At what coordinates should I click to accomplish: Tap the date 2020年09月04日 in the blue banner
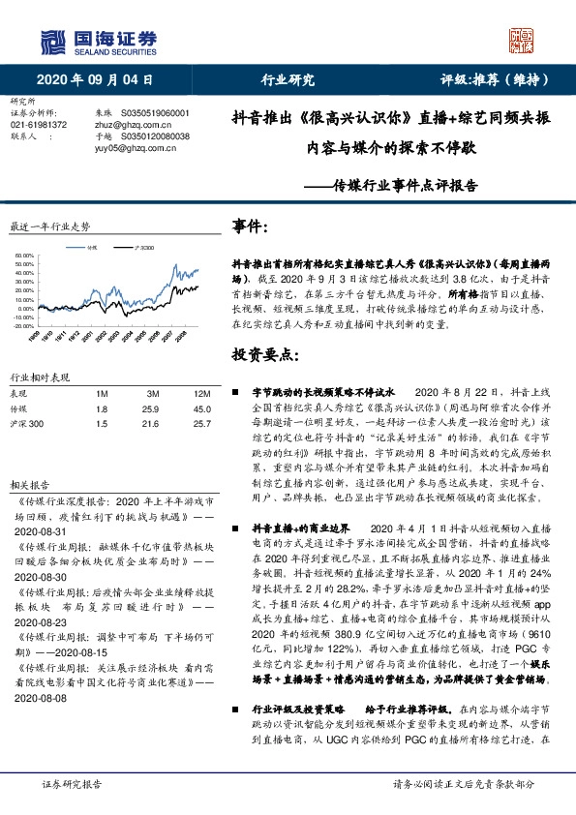coord(95,79)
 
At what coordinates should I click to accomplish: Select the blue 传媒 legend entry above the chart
coord(89,248)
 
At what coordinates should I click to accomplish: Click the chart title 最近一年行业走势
coord(49,226)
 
